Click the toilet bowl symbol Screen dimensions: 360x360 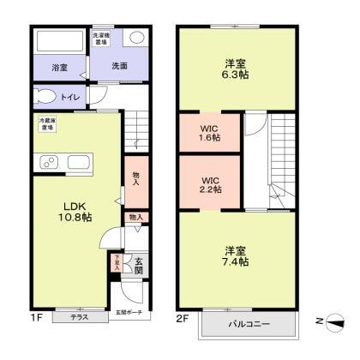(48, 96)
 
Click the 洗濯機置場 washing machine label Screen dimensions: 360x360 (101, 38)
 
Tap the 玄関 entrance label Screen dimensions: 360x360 (138, 267)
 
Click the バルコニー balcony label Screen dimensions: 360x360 (249, 325)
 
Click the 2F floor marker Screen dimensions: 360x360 (182, 318)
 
